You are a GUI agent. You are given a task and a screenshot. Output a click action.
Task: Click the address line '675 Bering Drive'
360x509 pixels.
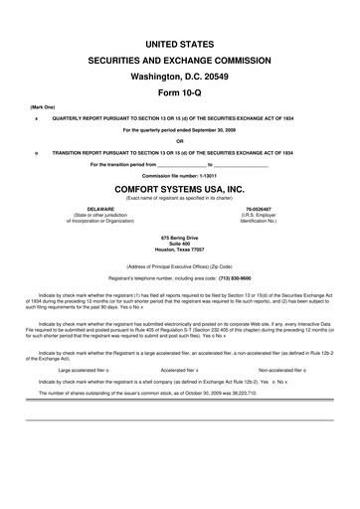[x=180, y=240]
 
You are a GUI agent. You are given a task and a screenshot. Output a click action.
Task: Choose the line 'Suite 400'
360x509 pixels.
[x=180, y=247]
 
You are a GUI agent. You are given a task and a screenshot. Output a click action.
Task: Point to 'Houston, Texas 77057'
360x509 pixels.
[x=180, y=254]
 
